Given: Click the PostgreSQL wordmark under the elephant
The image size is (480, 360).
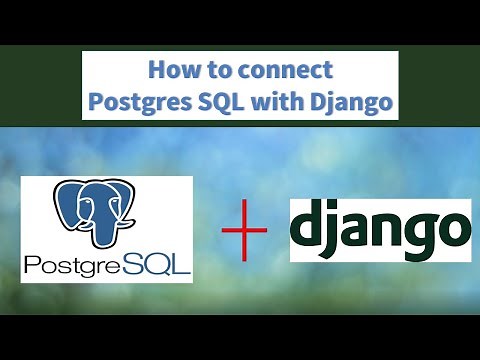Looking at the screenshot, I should pos(106,265).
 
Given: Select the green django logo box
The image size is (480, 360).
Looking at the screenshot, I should pos(379,230).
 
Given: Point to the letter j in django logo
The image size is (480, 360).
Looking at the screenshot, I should pos(336,232).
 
